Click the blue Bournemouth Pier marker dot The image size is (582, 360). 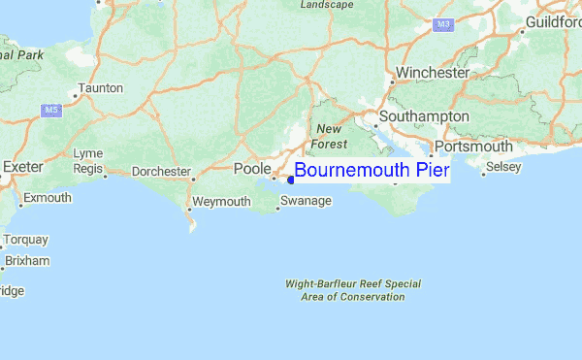click(x=291, y=179)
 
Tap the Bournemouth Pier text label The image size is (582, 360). click(x=372, y=171)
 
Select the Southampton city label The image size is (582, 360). click(x=424, y=116)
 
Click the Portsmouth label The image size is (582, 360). click(x=473, y=146)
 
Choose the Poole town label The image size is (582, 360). click(x=252, y=169)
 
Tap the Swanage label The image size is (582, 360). click(x=306, y=201)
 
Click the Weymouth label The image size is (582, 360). click(x=222, y=201)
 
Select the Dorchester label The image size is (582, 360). click(x=161, y=172)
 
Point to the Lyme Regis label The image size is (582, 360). click(x=87, y=161)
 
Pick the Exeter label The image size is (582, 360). click(x=23, y=167)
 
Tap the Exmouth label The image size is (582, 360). click(x=48, y=198)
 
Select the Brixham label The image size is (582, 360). click(x=26, y=261)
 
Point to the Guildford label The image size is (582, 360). click(x=554, y=21)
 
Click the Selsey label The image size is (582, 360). click(x=503, y=167)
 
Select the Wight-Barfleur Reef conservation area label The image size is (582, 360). click(x=352, y=290)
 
